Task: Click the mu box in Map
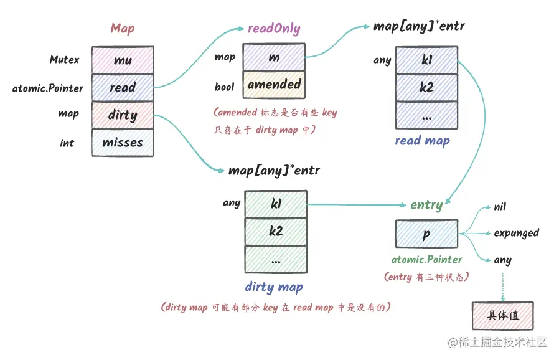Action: point(123,60)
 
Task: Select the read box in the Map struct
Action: point(123,88)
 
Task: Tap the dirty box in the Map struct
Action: point(123,115)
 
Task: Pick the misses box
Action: point(123,143)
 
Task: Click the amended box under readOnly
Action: point(274,85)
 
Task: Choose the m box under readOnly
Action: point(274,57)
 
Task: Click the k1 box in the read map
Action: point(426,60)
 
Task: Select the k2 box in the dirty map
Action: point(276,232)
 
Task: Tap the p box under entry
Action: point(426,234)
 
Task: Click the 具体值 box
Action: point(502,315)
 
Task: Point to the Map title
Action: point(123,28)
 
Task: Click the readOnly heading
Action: point(274,29)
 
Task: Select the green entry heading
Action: point(426,205)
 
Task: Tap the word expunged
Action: point(516,234)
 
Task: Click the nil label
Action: point(500,206)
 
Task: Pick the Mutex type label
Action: point(65,60)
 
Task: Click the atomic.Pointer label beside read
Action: point(47,88)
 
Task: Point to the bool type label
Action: point(224,87)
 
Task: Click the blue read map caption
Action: point(422,141)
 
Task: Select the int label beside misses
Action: point(67,143)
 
